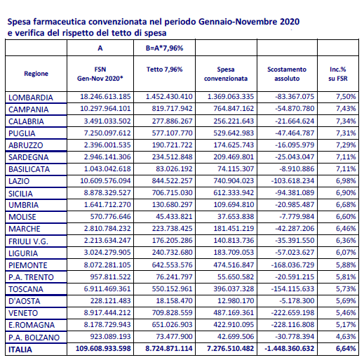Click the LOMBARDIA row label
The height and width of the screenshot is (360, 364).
[31, 98]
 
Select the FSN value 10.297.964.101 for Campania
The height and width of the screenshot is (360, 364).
[105, 109]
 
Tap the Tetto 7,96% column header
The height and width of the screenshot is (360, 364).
[164, 69]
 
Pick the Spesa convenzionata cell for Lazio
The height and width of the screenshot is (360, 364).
[234, 181]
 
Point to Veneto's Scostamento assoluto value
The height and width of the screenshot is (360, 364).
[292, 313]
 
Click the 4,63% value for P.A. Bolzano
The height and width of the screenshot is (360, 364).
[346, 337]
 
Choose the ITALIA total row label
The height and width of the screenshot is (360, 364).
[20, 349]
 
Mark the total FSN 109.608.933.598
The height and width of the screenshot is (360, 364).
[103, 349]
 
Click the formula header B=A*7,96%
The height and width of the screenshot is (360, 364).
[164, 48]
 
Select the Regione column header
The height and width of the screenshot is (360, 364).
[36, 74]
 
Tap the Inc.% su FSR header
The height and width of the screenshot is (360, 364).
[338, 74]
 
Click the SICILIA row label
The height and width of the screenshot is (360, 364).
[20, 194]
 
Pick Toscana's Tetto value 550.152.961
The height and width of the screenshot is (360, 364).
[172, 289]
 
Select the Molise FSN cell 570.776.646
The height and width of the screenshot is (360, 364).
[110, 217]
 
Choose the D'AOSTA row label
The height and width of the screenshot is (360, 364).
[25, 301]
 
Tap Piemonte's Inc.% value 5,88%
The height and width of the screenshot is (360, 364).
[346, 265]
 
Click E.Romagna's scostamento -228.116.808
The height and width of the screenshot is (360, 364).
[292, 325]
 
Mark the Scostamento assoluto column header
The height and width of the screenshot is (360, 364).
[287, 74]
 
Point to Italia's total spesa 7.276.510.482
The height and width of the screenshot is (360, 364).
[230, 349]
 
